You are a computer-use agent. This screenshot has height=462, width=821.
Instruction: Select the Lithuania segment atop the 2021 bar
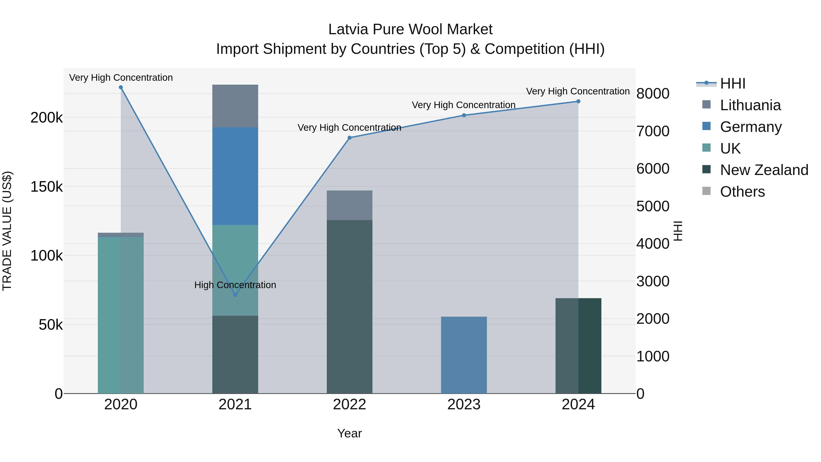pyautogui.click(x=235, y=106)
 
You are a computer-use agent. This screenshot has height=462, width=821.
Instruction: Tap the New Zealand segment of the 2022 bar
pyautogui.click(x=349, y=306)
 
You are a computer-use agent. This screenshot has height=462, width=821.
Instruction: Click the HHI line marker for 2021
pyautogui.click(x=235, y=295)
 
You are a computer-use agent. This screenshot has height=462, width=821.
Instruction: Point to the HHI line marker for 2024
pyautogui.click(x=578, y=101)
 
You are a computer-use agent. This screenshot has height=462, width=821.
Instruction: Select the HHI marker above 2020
pyautogui.click(x=121, y=87)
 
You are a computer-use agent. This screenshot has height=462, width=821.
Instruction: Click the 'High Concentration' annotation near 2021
pyautogui.click(x=235, y=285)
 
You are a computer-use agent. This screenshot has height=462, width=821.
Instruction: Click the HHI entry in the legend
pyautogui.click(x=732, y=84)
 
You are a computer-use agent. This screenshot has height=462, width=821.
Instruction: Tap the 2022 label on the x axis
pyautogui.click(x=349, y=405)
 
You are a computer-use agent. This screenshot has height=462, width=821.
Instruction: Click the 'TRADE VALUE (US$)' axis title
pyautogui.click(x=7, y=231)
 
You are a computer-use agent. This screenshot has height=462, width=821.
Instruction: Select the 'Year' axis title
pyautogui.click(x=349, y=433)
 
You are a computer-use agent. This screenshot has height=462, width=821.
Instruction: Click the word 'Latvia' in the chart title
pyautogui.click(x=348, y=29)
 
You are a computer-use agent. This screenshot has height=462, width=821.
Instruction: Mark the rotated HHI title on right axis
pyautogui.click(x=678, y=231)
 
